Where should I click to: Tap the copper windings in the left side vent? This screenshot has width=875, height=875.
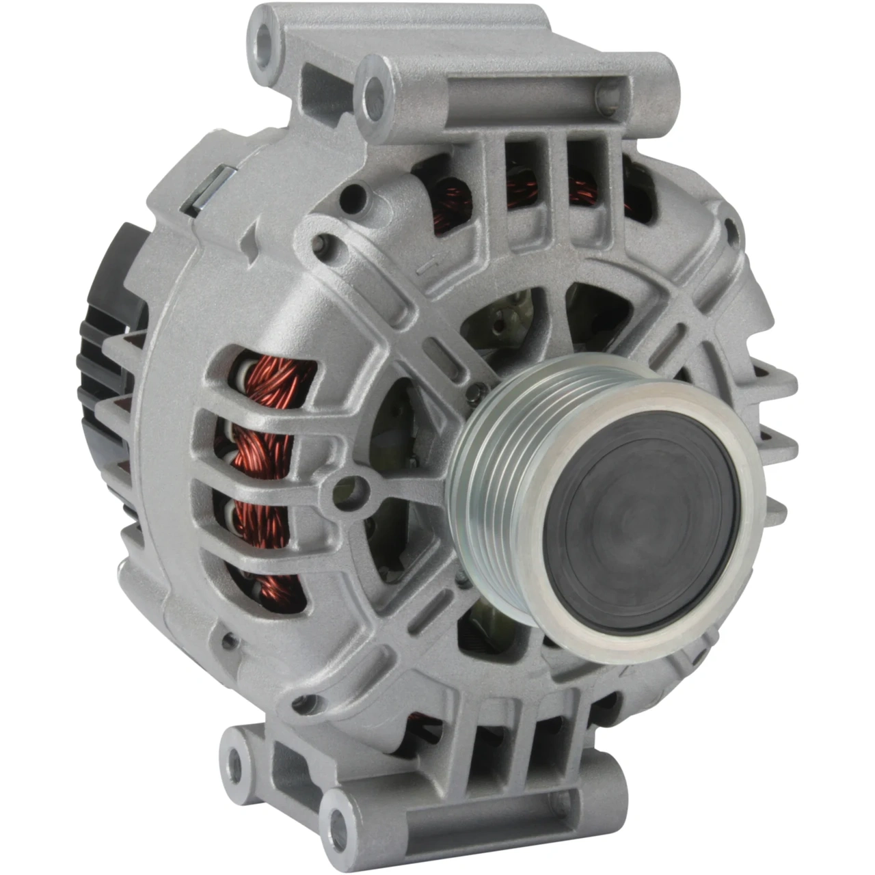[263, 444]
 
